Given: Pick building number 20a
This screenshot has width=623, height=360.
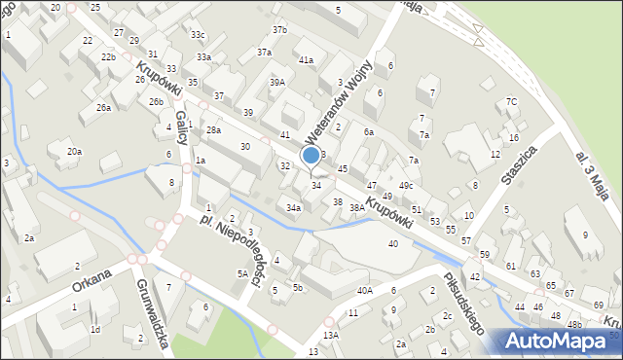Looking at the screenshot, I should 74,152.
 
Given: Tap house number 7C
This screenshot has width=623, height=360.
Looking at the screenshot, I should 511,102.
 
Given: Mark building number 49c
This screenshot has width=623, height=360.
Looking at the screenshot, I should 406,186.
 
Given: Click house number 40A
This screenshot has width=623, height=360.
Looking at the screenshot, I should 364,290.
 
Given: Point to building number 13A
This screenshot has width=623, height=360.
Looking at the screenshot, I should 331,335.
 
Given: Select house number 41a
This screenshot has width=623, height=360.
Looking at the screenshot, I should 306,60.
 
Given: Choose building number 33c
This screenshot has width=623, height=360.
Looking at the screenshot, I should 198,35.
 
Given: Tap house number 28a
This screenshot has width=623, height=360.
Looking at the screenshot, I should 213,130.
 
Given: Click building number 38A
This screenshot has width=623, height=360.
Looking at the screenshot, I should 357,207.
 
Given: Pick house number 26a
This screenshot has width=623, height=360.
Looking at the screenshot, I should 103,108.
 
